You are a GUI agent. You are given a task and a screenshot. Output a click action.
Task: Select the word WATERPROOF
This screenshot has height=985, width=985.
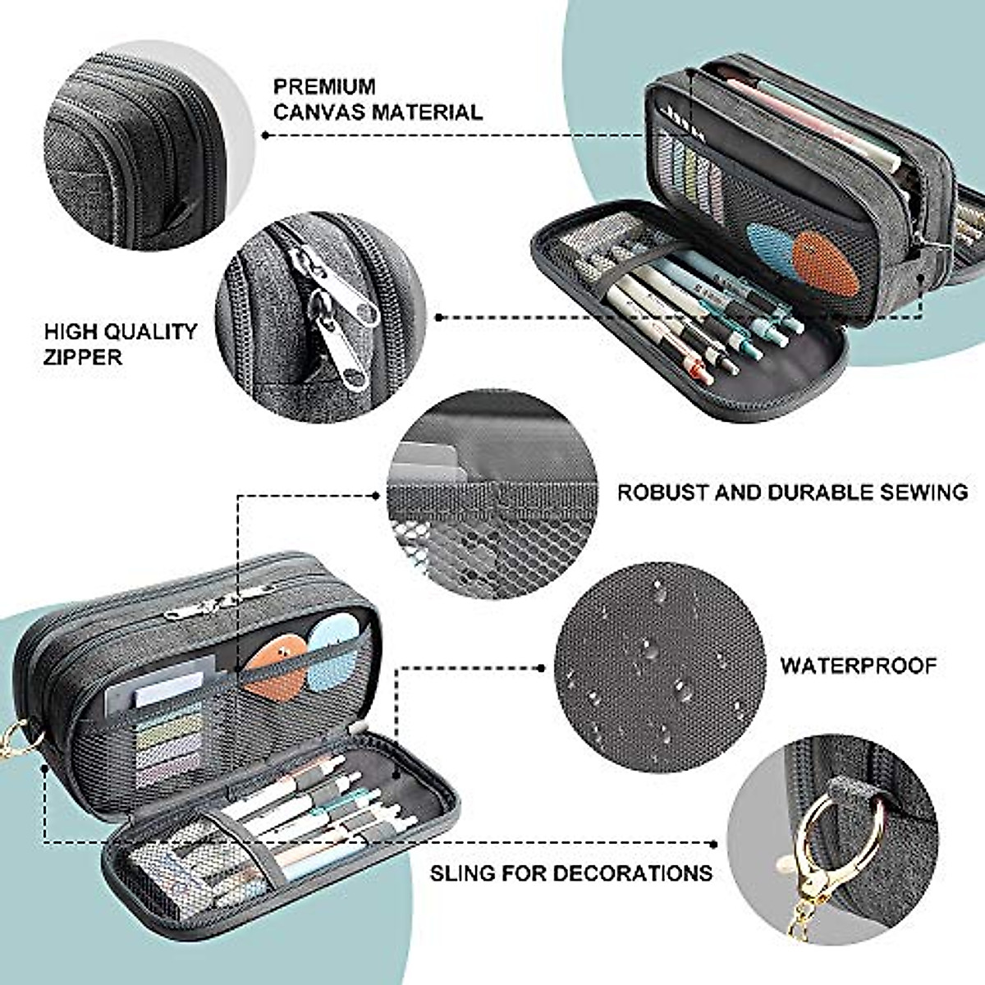[858, 665]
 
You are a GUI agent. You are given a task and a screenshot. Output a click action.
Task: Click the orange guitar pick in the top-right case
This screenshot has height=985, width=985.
[827, 267]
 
